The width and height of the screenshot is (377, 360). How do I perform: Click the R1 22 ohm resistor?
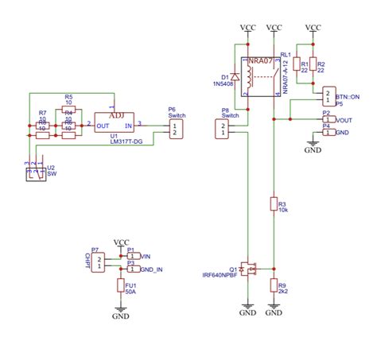point(297,64)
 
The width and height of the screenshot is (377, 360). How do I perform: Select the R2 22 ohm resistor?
point(313,64)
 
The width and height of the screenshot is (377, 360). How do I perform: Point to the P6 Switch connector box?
point(176,129)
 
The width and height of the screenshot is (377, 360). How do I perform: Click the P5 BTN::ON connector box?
point(328,96)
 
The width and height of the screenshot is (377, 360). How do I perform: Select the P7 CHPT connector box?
point(96,261)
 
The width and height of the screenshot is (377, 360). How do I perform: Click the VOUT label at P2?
point(344,120)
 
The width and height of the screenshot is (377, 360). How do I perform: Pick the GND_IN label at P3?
point(152,269)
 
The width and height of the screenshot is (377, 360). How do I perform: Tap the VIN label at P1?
point(146,256)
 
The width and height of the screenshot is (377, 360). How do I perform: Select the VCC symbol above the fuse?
point(121,242)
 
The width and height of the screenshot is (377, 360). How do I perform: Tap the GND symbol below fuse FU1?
point(121,312)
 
